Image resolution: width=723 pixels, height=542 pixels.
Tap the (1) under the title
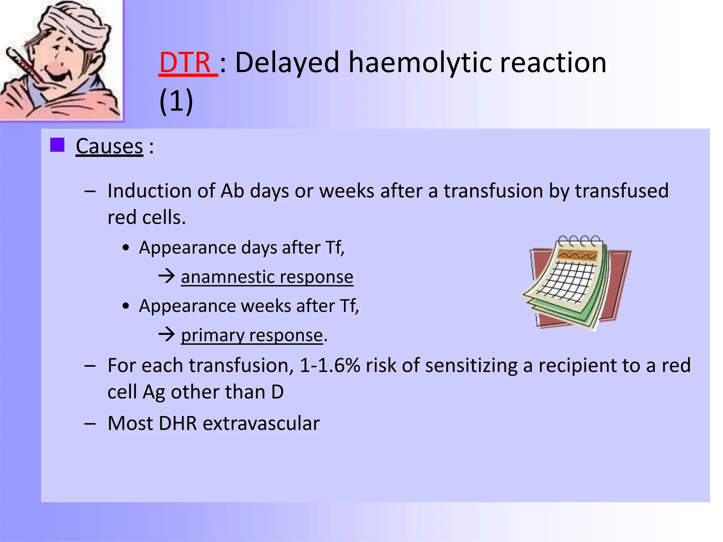click(176, 101)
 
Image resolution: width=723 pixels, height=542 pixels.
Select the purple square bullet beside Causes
click(57, 145)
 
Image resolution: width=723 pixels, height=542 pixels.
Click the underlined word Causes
click(109, 146)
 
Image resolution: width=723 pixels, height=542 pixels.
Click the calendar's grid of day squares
click(568, 282)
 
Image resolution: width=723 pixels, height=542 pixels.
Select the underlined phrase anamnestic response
click(267, 277)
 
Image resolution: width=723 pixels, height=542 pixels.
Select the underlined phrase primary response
click(252, 335)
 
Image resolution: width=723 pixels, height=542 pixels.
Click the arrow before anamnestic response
click(167, 276)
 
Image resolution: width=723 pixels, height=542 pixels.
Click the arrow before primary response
click(167, 334)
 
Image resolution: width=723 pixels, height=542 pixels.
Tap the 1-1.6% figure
click(330, 366)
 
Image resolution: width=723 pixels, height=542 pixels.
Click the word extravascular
click(261, 423)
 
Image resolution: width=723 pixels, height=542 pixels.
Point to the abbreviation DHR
click(178, 423)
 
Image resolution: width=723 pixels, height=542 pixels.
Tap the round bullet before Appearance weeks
click(126, 306)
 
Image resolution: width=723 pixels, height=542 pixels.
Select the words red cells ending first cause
click(146, 218)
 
